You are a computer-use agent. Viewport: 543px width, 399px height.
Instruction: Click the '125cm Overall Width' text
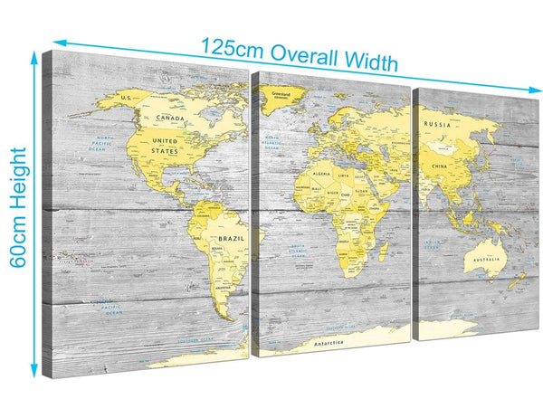tap(299, 53)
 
